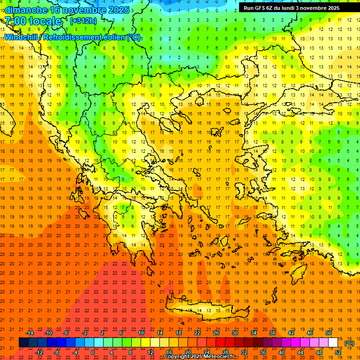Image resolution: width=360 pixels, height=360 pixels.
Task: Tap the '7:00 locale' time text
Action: (x=33, y=21)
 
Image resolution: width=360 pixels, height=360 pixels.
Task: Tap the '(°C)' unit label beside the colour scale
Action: (x=349, y=343)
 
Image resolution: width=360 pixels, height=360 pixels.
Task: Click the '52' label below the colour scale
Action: (x=338, y=352)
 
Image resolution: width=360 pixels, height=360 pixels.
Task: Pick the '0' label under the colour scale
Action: (x=93, y=352)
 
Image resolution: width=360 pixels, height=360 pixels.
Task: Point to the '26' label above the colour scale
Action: (x=216, y=333)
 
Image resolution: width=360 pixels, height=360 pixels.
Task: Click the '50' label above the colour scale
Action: (x=329, y=333)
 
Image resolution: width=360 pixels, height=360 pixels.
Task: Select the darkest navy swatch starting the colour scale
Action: (x=24, y=343)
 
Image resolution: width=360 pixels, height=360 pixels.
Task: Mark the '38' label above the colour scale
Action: (x=272, y=333)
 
